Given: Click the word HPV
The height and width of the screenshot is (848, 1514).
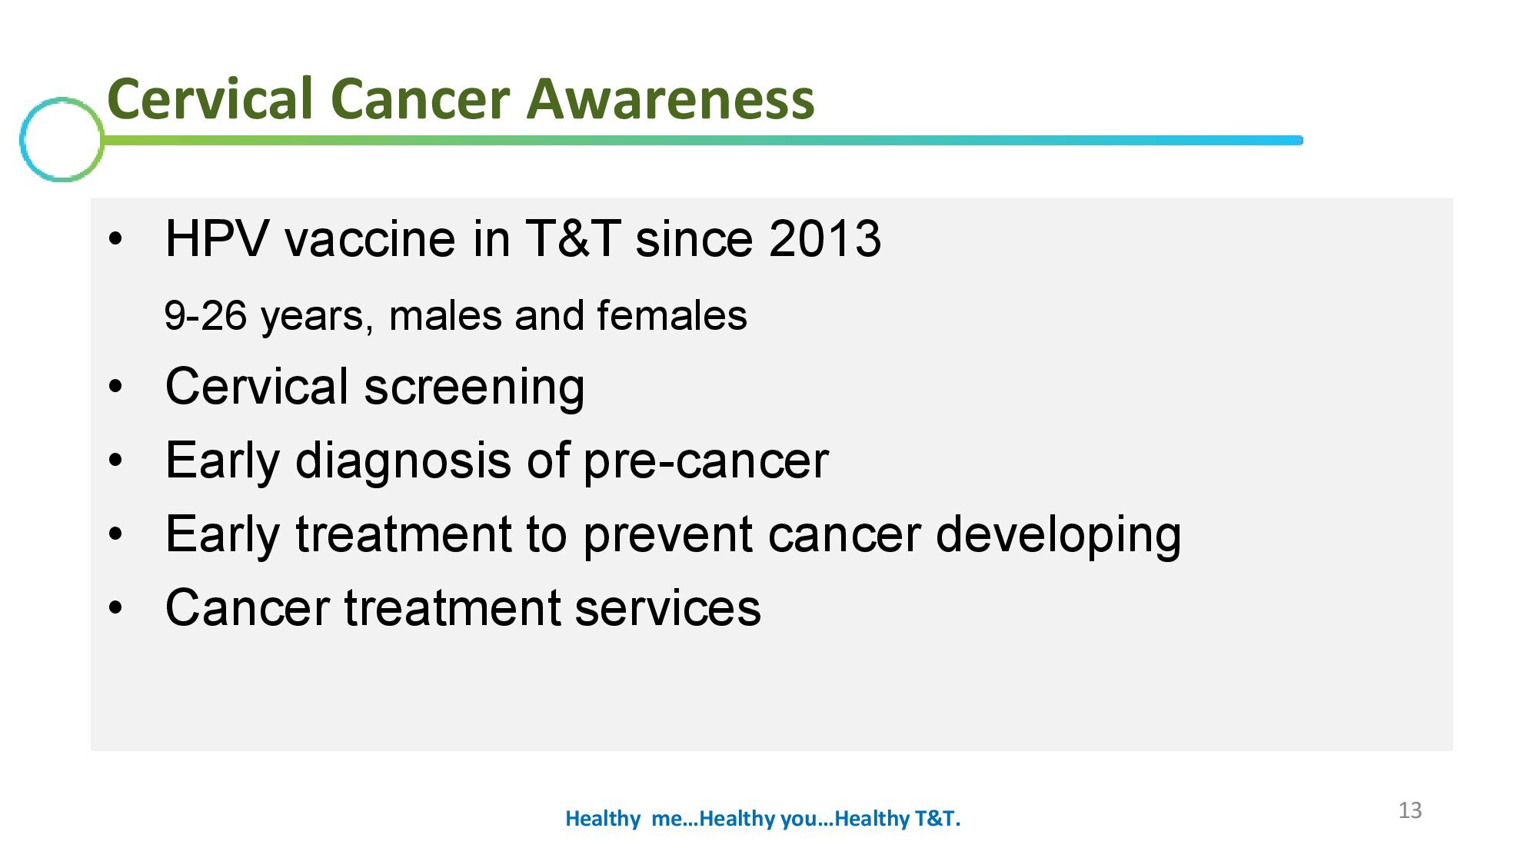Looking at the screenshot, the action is (x=217, y=238).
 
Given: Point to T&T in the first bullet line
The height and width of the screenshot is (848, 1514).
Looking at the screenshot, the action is (x=573, y=238).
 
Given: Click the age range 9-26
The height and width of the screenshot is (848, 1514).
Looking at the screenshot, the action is (x=205, y=316).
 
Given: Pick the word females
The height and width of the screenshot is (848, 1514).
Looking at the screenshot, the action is (x=671, y=316).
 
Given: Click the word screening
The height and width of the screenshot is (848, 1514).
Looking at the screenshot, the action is (x=474, y=387).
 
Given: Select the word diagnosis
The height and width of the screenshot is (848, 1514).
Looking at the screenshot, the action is (x=404, y=461).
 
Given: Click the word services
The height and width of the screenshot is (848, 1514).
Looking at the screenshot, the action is (x=667, y=608).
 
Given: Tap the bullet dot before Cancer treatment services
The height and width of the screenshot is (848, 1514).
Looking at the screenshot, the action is (x=115, y=608).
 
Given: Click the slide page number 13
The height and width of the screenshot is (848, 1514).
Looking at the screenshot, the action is (x=1409, y=810).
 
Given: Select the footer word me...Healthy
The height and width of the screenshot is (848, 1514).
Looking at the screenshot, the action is (x=714, y=819).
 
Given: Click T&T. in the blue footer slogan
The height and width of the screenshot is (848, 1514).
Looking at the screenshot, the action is (x=937, y=819).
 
